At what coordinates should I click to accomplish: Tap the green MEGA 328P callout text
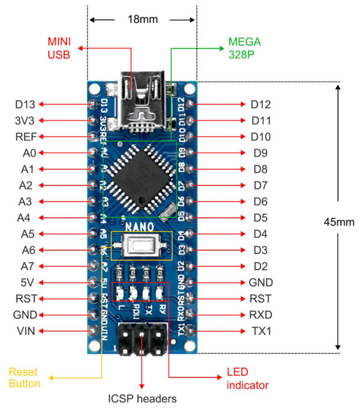(x=244, y=48)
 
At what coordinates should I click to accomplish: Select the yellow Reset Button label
(x=25, y=378)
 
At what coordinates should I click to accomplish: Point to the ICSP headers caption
(x=142, y=398)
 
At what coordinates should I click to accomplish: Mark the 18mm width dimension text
(x=143, y=19)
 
